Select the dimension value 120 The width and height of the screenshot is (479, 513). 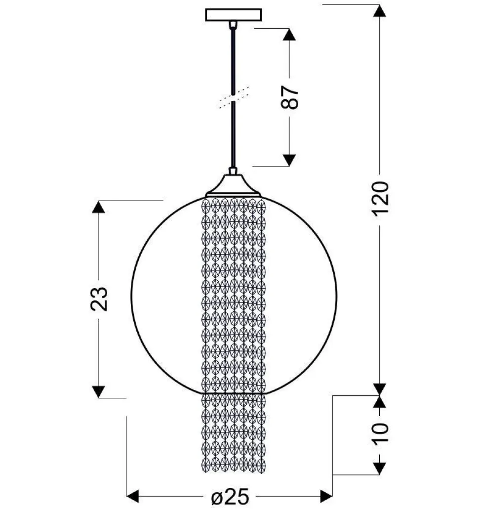coord(380,198)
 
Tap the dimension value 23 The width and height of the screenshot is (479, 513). coord(99,298)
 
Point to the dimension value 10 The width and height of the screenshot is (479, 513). coord(380,433)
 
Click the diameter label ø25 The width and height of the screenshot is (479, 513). coord(230,497)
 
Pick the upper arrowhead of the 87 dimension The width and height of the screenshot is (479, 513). coord(289,34)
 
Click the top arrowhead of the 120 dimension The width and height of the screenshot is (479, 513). coord(379,10)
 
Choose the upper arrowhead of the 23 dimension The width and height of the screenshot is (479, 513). coord(99,207)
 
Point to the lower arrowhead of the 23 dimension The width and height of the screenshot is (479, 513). coord(99,391)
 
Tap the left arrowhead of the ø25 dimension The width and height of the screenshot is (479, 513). coord(133,496)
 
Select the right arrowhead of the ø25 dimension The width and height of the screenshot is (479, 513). coord(326,496)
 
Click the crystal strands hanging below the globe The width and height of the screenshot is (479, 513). coord(234,432)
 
